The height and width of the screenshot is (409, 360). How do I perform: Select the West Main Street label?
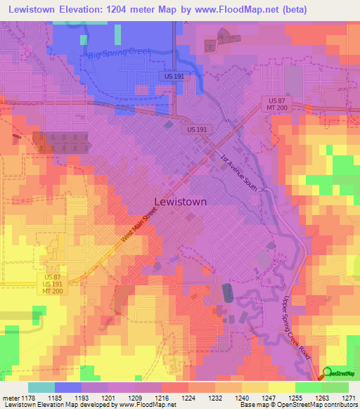coord(139,228)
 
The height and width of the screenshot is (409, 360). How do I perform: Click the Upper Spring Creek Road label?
coord(296,327)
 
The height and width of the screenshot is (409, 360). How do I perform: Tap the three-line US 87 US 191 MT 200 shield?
coord(47,284)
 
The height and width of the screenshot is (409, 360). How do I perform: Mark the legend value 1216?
coord(161,398)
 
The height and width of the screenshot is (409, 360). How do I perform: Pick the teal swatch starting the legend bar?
coord(41,387)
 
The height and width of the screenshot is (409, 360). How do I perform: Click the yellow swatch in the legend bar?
coord(282,387)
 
